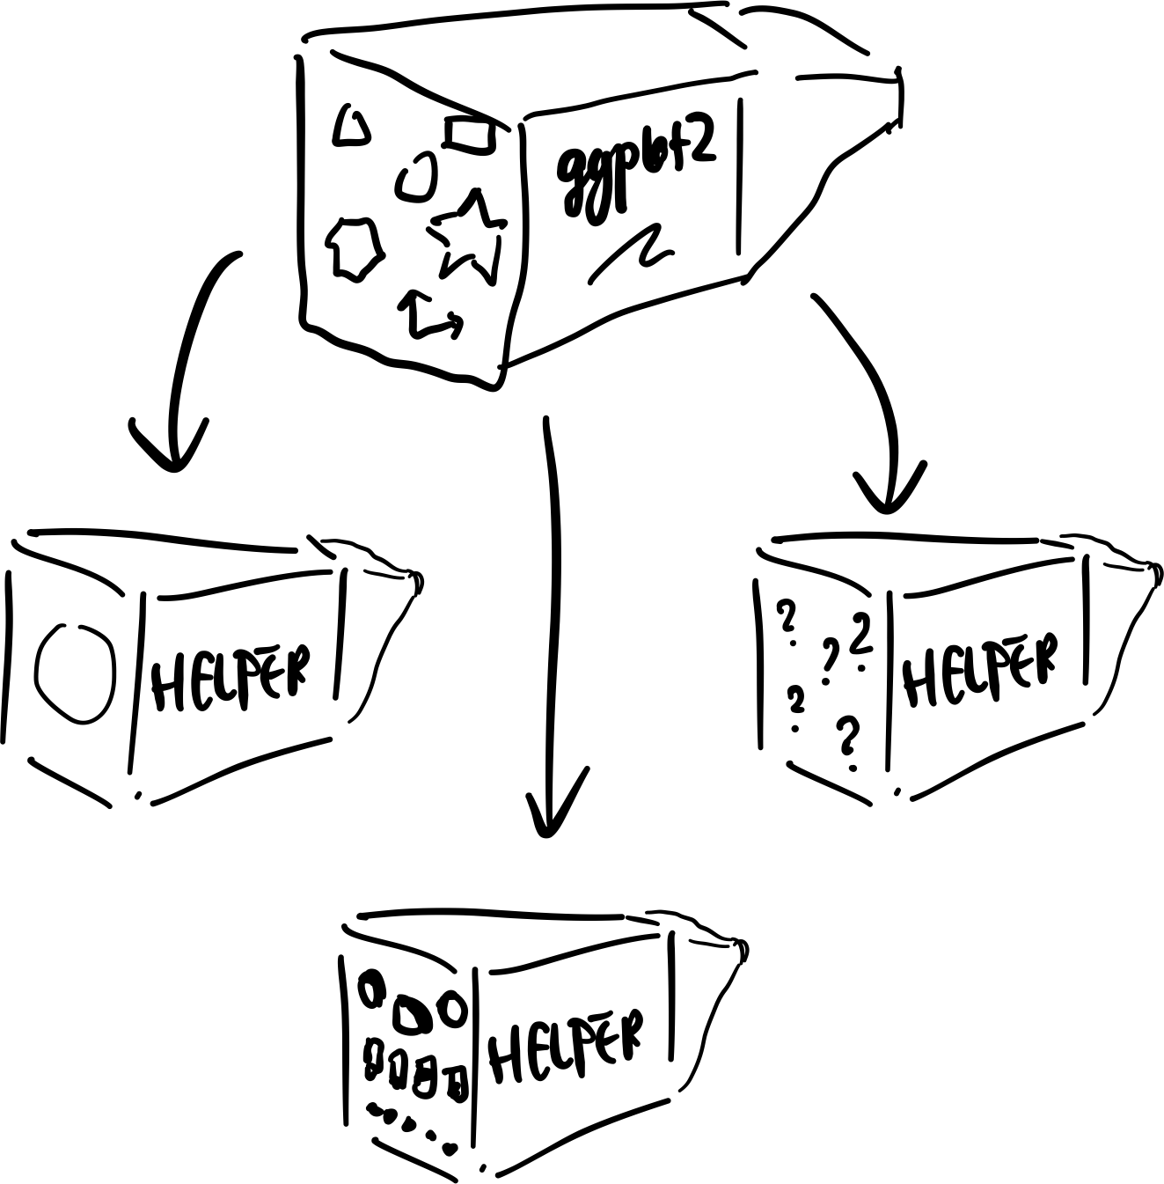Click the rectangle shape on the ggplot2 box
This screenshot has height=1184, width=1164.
tap(471, 133)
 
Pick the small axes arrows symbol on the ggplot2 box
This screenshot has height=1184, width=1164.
tap(430, 314)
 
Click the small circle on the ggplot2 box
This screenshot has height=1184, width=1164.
tap(416, 176)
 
